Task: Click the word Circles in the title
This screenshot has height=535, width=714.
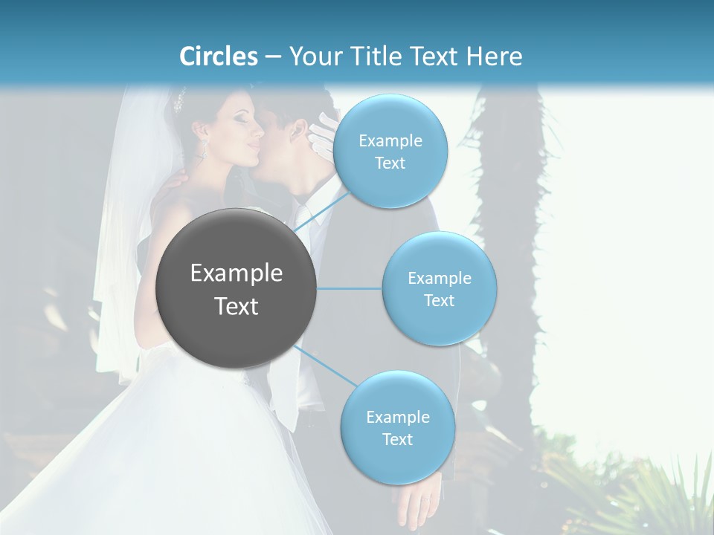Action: pyautogui.click(x=219, y=56)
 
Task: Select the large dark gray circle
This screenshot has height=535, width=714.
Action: pyautogui.click(x=236, y=289)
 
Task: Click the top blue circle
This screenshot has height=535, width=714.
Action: pyautogui.click(x=390, y=151)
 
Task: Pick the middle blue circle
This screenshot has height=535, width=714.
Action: pyautogui.click(x=439, y=288)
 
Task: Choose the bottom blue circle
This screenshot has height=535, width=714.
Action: pyautogui.click(x=397, y=427)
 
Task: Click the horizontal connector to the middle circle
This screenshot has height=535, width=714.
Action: pyautogui.click(x=349, y=288)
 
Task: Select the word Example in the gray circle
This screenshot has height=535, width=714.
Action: pyautogui.click(x=236, y=273)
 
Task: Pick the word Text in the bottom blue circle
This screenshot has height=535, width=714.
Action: pyautogui.click(x=397, y=439)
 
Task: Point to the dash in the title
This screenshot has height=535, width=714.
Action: pyautogui.click(x=272, y=57)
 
